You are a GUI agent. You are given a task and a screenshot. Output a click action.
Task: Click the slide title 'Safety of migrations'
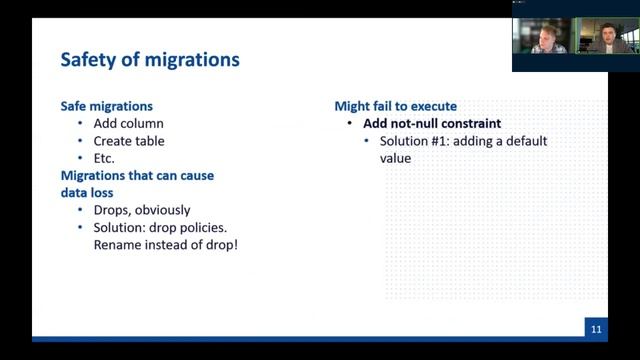point(150,60)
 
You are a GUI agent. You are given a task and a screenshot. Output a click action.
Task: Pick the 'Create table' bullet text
point(129,141)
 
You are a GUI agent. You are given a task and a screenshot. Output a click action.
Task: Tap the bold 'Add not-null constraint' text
point(432,124)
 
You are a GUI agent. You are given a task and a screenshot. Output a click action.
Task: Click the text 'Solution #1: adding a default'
point(463,141)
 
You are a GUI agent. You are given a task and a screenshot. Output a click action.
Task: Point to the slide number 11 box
point(595,328)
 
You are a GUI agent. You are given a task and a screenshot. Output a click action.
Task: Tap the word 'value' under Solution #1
point(396,158)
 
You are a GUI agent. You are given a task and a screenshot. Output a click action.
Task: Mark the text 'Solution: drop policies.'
point(165,228)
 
